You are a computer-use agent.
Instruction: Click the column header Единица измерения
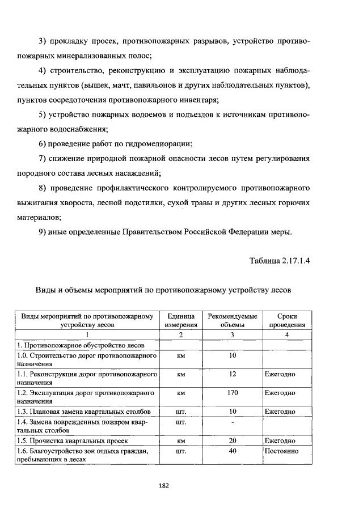[x=181, y=321]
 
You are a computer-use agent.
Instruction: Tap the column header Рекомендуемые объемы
[x=233, y=321]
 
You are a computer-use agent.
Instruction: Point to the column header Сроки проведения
[x=287, y=321]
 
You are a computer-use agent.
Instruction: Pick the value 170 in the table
[x=233, y=392]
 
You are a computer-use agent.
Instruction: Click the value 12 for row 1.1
[x=233, y=374]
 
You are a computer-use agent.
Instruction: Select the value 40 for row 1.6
[x=233, y=451]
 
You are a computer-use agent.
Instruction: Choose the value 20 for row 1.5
[x=233, y=440]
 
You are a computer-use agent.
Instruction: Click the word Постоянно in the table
[x=281, y=451]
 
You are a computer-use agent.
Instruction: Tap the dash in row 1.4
[x=233, y=422]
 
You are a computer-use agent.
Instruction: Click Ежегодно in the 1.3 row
[x=280, y=411]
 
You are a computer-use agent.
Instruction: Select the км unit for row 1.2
[x=181, y=392]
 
